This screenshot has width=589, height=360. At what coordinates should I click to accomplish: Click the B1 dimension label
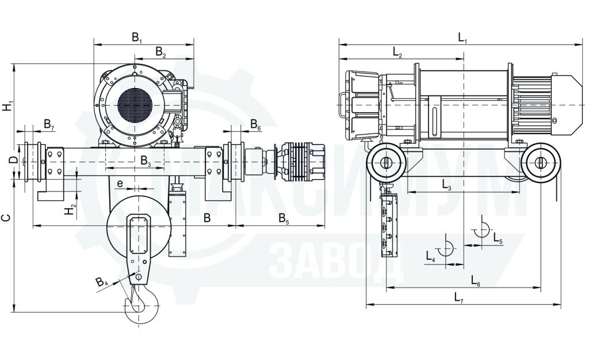[136, 37]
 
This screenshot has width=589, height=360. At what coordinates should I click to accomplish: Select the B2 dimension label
[160, 52]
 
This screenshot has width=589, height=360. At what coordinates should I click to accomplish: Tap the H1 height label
[7, 105]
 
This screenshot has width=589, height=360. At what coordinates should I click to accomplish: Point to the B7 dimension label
[49, 124]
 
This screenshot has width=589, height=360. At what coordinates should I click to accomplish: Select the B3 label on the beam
[146, 162]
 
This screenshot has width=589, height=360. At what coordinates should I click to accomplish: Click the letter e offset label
[120, 183]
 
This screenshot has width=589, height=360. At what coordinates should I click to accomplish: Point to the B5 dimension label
[284, 219]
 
